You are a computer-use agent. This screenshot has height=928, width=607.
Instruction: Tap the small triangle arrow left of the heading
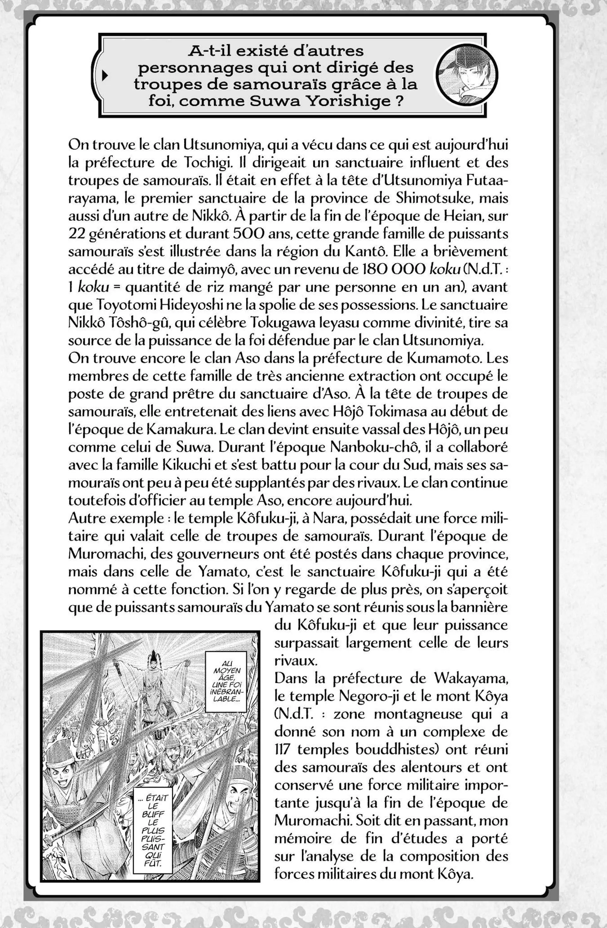(104, 76)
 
